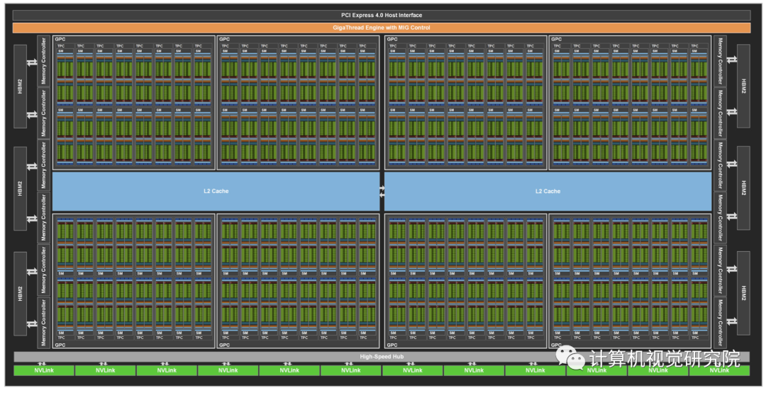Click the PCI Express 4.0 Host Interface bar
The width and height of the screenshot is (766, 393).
[382, 15]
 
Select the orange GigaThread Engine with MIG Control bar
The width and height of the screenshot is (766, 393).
[382, 28]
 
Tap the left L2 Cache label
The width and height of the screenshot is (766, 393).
[216, 191]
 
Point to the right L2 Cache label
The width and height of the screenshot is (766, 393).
[548, 191]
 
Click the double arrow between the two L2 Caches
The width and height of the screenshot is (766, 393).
[382, 191]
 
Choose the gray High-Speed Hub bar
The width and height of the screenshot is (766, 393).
[382, 356]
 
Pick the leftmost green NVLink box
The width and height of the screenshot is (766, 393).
[43, 370]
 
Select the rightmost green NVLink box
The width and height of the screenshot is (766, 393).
[719, 370]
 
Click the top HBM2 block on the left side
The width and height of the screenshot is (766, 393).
[20, 87]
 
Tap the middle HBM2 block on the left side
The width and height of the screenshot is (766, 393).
[20, 189]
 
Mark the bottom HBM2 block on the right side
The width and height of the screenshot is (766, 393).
[743, 292]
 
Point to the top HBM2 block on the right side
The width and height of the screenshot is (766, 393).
[743, 87]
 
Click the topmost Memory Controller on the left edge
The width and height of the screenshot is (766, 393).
[43, 61]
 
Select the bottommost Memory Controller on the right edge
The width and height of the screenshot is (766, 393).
[720, 322]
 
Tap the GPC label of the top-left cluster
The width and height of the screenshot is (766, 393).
[60, 39]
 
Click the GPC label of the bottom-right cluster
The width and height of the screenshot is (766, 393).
[556, 345]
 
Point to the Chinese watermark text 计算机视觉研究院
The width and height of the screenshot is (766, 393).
[665, 358]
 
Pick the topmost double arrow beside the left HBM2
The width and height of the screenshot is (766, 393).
[31, 62]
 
